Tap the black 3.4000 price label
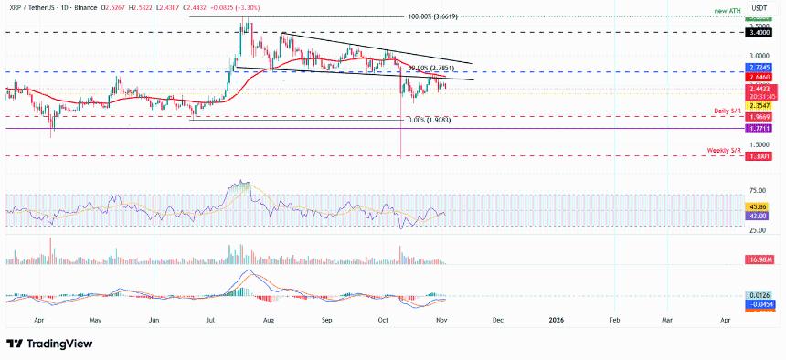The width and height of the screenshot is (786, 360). click(x=759, y=32)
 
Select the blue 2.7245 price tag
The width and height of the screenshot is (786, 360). click(x=759, y=69)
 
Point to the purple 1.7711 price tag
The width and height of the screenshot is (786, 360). click(x=759, y=129)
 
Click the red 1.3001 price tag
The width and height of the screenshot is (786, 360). click(x=759, y=156)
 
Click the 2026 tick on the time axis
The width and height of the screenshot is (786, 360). click(x=555, y=322)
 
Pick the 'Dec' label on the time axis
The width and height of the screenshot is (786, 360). click(x=498, y=322)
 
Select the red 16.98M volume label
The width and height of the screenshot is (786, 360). click(x=759, y=259)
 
